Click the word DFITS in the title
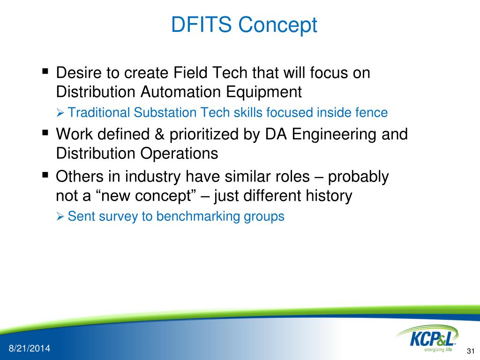[201, 24]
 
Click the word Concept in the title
[277, 26]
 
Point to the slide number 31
[471, 351]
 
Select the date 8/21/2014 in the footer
[30, 348]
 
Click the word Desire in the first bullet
[79, 73]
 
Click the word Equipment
[264, 92]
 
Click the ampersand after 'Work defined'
[159, 135]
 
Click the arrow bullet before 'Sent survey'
[60, 217]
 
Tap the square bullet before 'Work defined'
[45, 133]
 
